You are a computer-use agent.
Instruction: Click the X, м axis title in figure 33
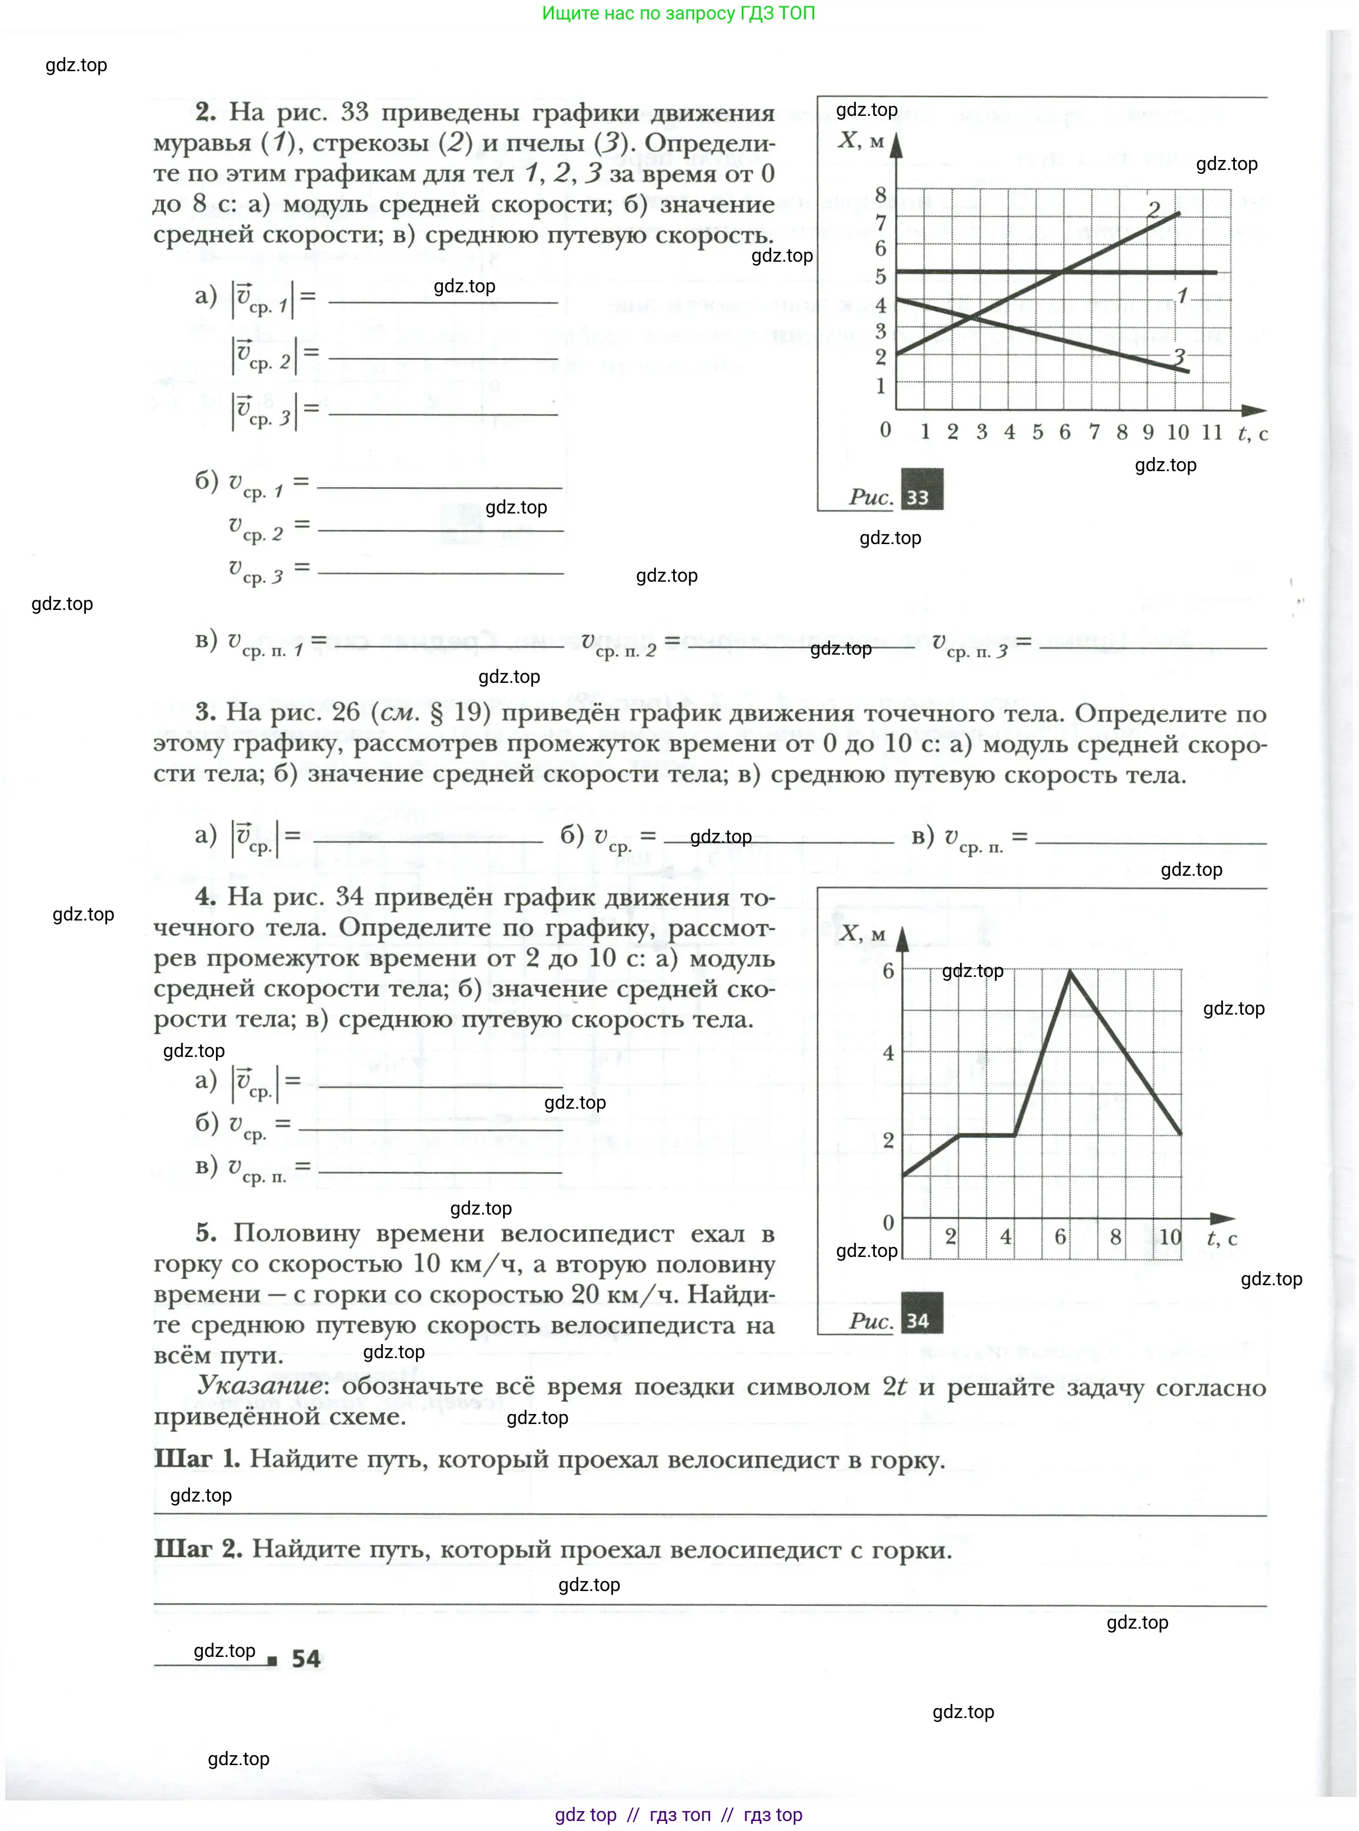[x=861, y=140]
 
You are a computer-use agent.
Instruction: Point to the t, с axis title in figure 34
[x=1221, y=1239]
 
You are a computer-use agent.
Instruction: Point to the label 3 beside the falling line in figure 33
[x=1179, y=356]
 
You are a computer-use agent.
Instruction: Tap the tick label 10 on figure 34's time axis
[x=1170, y=1237]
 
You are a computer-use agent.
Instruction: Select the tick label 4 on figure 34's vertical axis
[x=888, y=1053]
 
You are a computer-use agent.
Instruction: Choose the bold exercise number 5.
[x=206, y=1232]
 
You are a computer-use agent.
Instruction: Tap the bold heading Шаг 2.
[x=198, y=1549]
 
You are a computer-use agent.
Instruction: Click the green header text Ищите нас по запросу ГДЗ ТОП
[x=679, y=13]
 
